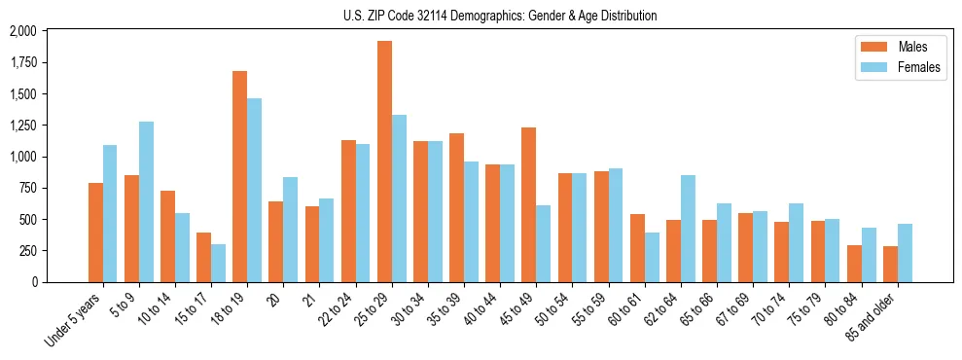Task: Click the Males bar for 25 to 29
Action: click(384, 162)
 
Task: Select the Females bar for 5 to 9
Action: click(146, 201)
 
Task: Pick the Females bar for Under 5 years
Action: click(110, 213)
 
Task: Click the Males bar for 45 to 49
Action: click(528, 204)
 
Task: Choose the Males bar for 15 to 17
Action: click(203, 257)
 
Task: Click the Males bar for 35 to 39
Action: click(456, 207)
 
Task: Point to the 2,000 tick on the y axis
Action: click(21, 31)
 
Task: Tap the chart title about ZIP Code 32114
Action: click(500, 16)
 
